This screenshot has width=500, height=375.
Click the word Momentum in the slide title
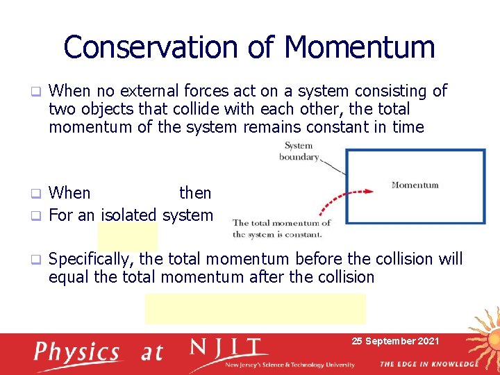click(x=360, y=47)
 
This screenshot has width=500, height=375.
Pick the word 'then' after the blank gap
click(x=195, y=192)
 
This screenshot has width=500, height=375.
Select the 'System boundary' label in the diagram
click(x=299, y=151)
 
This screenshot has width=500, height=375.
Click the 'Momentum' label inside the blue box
click(x=415, y=185)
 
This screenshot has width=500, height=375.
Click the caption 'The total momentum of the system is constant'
click(x=281, y=228)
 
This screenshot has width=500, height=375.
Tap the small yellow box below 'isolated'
click(x=127, y=237)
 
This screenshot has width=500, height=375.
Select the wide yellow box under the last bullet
click(x=255, y=308)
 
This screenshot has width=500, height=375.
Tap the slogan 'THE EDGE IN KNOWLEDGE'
click(x=428, y=364)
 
